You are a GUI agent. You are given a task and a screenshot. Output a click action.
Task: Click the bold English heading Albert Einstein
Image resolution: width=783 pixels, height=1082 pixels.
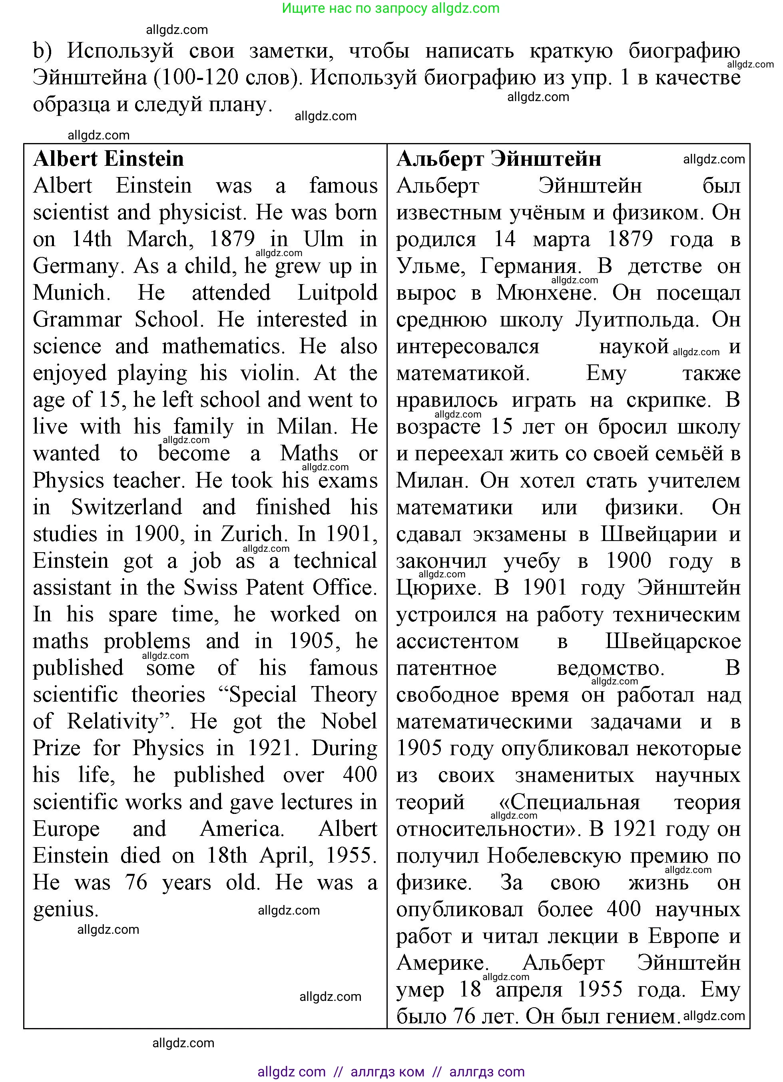pyautogui.click(x=108, y=159)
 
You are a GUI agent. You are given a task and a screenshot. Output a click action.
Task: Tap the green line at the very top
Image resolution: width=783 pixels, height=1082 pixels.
pyautogui.click(x=391, y=8)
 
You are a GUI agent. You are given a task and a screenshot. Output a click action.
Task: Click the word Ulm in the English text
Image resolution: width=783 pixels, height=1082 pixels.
pyautogui.click(x=323, y=239)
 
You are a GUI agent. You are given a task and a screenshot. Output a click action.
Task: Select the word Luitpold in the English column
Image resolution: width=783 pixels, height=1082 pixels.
pyautogui.click(x=337, y=292)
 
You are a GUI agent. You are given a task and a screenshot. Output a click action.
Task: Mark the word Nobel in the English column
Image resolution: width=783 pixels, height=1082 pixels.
pyautogui.click(x=349, y=721)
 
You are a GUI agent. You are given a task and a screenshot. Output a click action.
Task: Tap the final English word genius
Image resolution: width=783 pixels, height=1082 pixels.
pyautogui.click(x=66, y=909)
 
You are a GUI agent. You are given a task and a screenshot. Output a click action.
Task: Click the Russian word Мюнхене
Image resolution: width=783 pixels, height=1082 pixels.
pyautogui.click(x=546, y=292)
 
